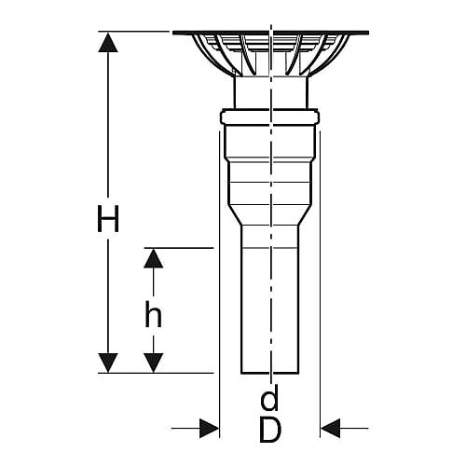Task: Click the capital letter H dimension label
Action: pos(108,218)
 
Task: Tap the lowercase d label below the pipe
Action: pos(269,397)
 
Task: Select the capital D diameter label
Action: pos(270,429)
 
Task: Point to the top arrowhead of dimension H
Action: pos(108,42)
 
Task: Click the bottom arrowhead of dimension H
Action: pos(108,363)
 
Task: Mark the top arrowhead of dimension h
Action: pos(153,258)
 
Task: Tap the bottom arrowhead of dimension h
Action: pos(153,363)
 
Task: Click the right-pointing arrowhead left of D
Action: pos(209,428)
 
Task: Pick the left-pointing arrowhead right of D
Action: pos(330,428)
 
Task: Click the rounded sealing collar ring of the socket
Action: pos(269,116)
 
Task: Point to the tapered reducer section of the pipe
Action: pos(269,214)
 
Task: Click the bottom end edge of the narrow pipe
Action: pos(269,373)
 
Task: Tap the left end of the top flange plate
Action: pos(173,33)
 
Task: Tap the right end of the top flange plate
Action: pos(368,33)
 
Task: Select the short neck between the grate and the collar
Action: pos(271,92)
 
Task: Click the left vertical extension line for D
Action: pos(219,284)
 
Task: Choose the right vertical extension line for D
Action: pos(320,284)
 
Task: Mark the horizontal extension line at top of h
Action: pos(179,248)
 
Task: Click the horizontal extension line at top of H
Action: pos(133,32)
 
